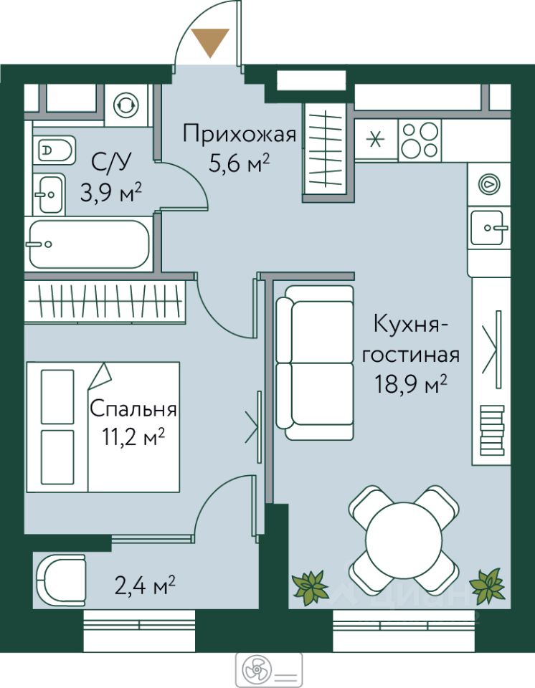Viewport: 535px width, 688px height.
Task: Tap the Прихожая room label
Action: coord(240,134)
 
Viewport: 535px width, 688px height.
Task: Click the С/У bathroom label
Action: coord(111,163)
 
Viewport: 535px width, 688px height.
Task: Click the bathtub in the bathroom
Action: coord(89,244)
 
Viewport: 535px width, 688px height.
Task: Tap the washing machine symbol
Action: coord(126,105)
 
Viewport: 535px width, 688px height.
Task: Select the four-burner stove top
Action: coord(420,140)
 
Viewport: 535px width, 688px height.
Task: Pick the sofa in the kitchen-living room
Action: coord(315,363)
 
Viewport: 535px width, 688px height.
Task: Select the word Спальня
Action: coord(133,408)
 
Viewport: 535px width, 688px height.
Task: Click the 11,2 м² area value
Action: coord(133,438)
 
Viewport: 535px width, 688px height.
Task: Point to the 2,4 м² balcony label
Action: coord(145,586)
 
